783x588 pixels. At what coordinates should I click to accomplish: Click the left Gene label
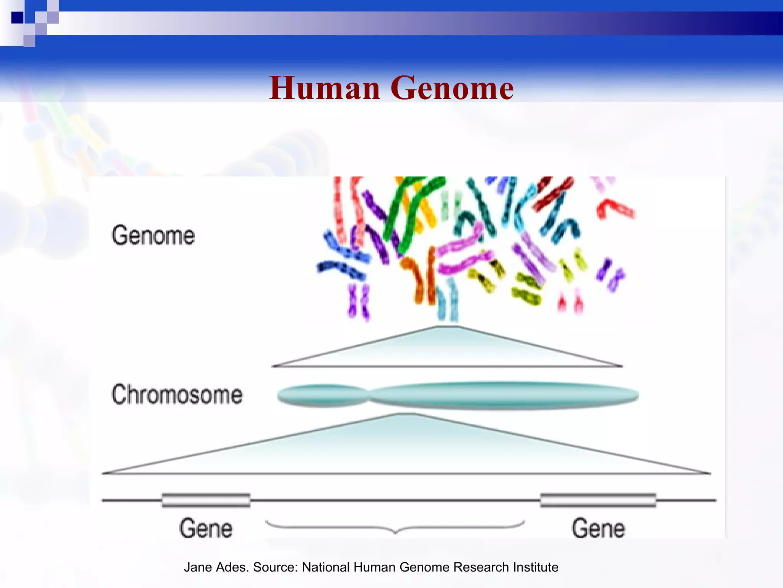(206, 528)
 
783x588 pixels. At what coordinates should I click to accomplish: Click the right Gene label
(598, 528)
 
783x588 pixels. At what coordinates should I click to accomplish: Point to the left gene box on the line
(206, 500)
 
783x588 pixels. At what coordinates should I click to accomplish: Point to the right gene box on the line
(598, 500)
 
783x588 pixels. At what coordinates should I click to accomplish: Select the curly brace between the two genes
(395, 527)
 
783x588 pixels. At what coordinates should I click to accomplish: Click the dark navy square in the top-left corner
(17, 18)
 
